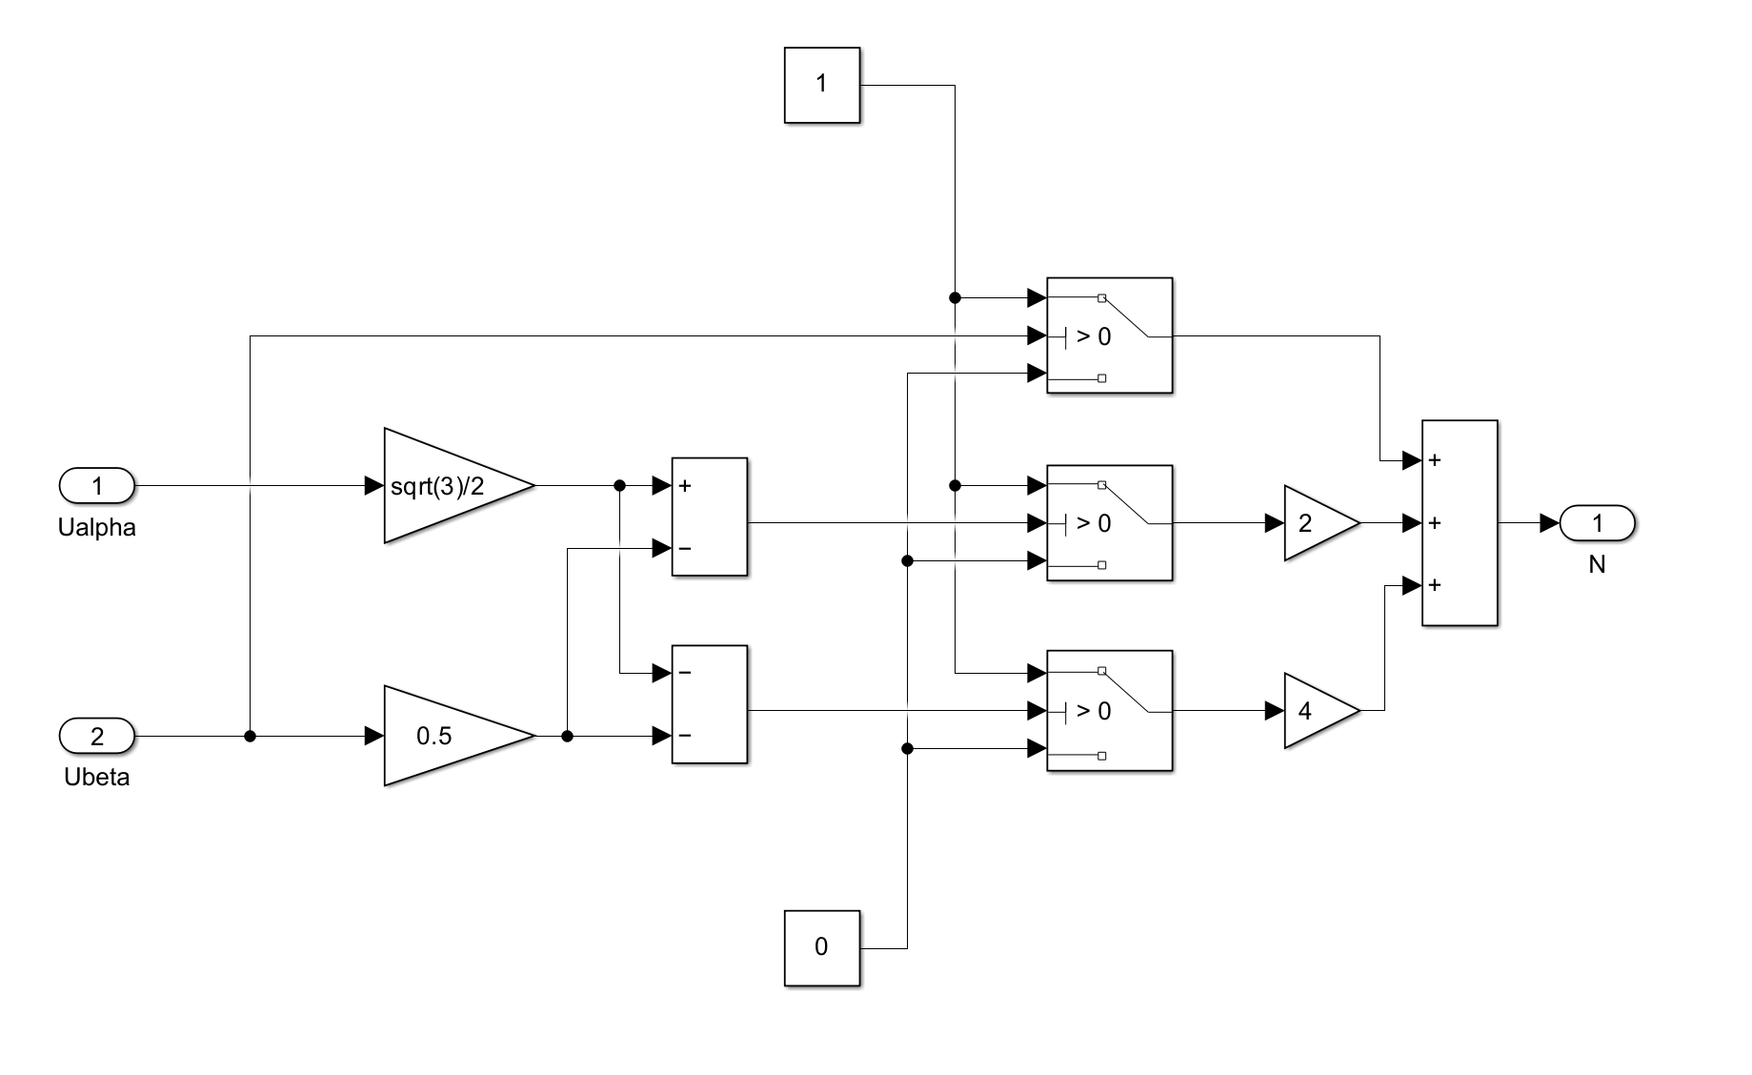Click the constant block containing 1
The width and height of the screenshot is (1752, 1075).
[x=821, y=85]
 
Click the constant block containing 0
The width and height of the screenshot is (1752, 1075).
[x=821, y=947]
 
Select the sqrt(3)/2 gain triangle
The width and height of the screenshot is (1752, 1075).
[x=448, y=486]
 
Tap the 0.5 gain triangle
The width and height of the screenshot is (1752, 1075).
[x=448, y=736]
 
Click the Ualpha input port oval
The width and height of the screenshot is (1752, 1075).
[x=97, y=486]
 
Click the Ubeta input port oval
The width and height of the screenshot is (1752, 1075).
[x=97, y=736]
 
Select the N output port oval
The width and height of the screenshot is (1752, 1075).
[x=1597, y=523]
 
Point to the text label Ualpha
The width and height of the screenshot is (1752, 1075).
[x=97, y=528]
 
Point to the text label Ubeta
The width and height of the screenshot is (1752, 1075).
[x=97, y=778]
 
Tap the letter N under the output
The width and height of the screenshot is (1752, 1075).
[x=1597, y=565]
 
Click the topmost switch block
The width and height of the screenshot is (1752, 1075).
[x=1109, y=335]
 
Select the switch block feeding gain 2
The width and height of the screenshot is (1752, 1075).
[x=1109, y=523]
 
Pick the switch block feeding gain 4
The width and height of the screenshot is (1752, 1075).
[x=1109, y=711]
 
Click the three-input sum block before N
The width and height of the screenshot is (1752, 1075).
[x=1459, y=523]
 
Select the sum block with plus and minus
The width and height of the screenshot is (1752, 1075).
[x=709, y=517]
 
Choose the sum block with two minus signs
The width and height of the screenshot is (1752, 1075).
[x=709, y=704]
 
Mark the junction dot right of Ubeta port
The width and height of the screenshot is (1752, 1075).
[x=250, y=736]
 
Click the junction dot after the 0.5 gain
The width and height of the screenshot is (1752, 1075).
[x=568, y=736]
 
